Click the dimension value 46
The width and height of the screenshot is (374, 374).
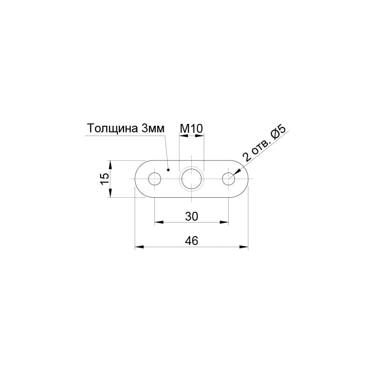click(x=192, y=241)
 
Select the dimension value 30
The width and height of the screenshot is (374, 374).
click(x=192, y=216)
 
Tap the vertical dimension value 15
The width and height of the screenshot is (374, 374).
click(x=104, y=179)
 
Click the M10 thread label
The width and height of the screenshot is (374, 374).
click(x=191, y=129)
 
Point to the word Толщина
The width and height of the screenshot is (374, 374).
click(x=112, y=128)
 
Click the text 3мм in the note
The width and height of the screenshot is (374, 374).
click(x=153, y=129)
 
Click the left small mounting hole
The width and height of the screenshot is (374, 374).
click(x=155, y=179)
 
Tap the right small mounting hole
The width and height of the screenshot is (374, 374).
click(x=229, y=179)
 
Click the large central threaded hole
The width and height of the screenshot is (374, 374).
click(x=192, y=179)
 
